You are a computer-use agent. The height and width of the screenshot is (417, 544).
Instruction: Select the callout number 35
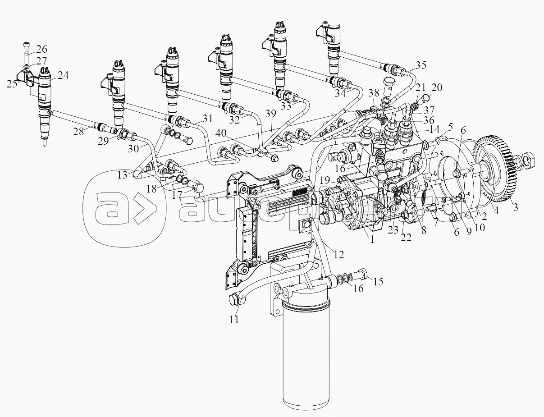tap(421, 65)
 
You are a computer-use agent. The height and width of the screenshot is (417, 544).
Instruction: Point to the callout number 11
tap(233, 320)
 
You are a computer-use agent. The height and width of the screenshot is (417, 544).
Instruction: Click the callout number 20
tap(437, 87)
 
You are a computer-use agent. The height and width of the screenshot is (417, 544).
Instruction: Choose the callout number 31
tap(207, 119)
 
